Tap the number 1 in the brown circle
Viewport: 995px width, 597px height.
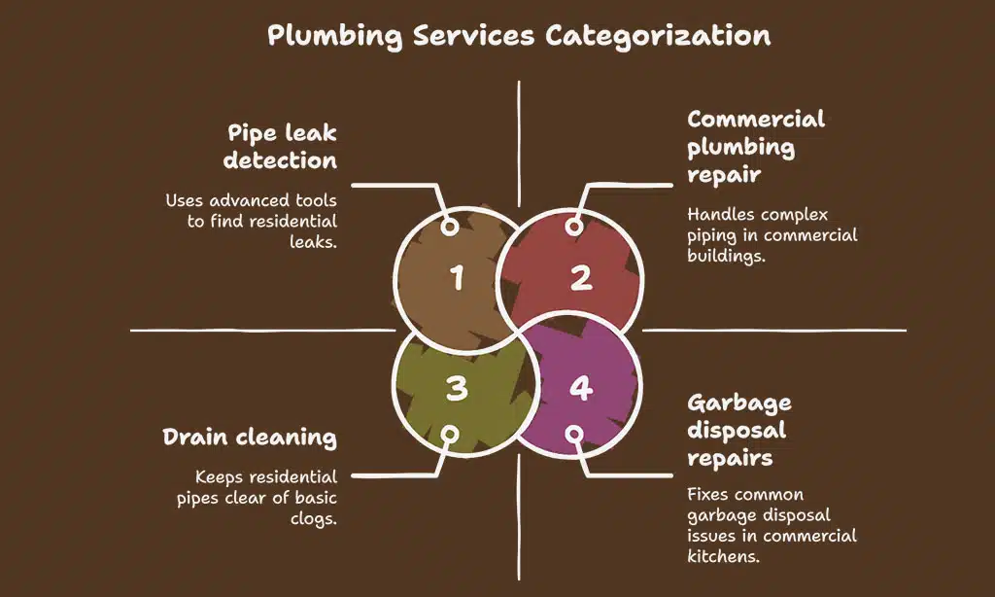click(x=457, y=279)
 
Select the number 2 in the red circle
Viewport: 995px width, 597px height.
click(x=580, y=279)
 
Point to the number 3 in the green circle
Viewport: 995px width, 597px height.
click(x=457, y=389)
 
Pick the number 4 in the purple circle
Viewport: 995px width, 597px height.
click(x=580, y=389)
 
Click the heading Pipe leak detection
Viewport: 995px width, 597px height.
click(x=281, y=146)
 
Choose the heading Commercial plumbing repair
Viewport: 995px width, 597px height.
click(x=756, y=147)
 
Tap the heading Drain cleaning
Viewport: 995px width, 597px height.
click(x=250, y=438)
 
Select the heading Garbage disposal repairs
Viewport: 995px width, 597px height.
click(x=739, y=430)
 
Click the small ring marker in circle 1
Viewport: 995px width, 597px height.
click(x=449, y=227)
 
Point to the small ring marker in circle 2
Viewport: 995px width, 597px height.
click(x=574, y=227)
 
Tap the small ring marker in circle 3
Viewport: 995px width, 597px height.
click(x=449, y=434)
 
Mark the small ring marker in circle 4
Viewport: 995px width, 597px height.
click(x=574, y=434)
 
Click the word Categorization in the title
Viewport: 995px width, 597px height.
click(x=657, y=36)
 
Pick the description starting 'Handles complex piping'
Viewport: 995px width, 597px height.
click(x=772, y=235)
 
